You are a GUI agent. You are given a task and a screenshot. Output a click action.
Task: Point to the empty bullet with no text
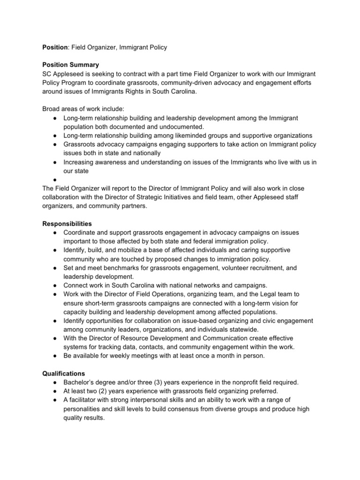(x=55, y=180)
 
